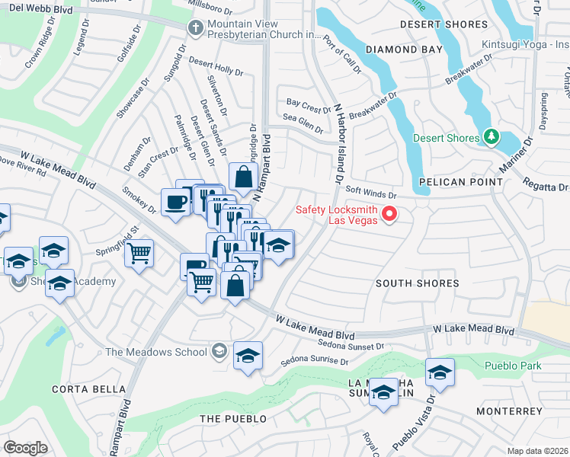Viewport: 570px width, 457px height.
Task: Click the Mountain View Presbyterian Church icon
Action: point(196,27)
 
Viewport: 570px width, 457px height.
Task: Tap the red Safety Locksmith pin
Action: point(389,214)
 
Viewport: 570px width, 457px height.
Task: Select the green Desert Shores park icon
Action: point(492,137)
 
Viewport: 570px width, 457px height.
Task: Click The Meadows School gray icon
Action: point(219,351)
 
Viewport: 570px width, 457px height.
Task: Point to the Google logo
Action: point(25,448)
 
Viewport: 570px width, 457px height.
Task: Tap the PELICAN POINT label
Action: point(460,182)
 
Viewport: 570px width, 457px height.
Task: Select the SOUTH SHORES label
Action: point(418,283)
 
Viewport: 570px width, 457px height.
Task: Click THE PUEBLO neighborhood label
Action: point(233,419)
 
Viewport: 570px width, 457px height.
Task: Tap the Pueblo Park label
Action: point(513,366)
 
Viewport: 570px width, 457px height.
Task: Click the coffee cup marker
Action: point(175,203)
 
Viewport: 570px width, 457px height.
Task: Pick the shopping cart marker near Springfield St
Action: point(139,252)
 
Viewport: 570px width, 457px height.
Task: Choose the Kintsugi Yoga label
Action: point(525,45)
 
